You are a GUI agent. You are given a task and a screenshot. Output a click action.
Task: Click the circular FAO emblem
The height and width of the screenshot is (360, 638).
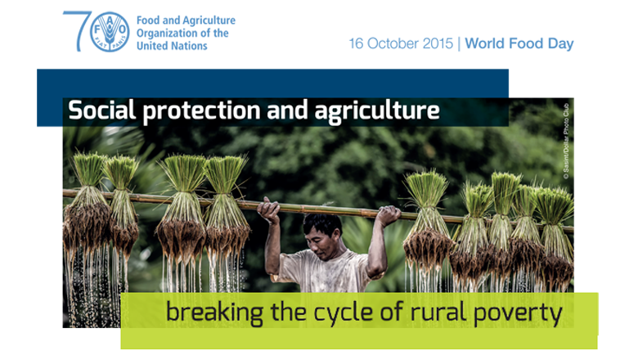click(x=110, y=32)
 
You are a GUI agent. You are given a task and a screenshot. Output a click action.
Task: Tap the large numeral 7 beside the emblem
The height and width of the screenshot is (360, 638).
click(x=78, y=31)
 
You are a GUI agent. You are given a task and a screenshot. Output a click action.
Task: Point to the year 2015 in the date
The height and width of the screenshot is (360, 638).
click(x=438, y=43)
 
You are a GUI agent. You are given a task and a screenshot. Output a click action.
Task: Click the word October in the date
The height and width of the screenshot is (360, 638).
click(x=393, y=43)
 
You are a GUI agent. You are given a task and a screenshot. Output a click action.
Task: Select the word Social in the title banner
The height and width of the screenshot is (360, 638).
click(x=101, y=110)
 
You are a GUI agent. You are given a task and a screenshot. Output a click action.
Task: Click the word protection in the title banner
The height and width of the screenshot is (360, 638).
click(x=202, y=111)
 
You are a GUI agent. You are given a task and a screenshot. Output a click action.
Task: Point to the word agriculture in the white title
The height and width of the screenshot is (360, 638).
click(x=377, y=111)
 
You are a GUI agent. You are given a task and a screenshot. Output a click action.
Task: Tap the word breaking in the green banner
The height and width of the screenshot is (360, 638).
click(x=215, y=313)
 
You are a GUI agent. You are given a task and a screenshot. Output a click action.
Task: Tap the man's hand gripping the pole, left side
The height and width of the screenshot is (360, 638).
click(x=268, y=209)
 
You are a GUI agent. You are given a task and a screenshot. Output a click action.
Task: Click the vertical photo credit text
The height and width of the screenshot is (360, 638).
click(x=566, y=142)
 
